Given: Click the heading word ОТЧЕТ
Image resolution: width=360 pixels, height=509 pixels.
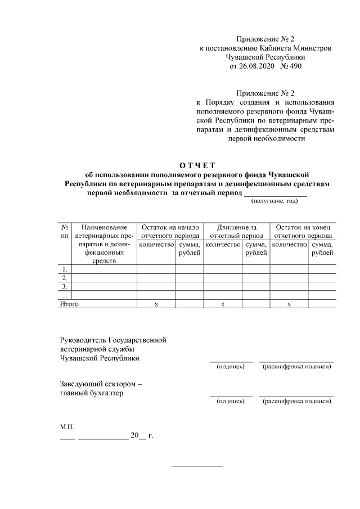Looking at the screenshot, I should [197, 165].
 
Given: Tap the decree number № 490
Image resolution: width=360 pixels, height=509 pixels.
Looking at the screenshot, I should [292, 66].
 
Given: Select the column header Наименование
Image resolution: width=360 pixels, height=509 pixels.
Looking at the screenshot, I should [104, 227].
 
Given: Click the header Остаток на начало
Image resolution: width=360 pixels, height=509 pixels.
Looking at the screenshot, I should [170, 227].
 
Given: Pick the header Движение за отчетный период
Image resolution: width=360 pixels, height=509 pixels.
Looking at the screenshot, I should [236, 232].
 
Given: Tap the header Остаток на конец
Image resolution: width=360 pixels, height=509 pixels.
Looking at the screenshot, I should [303, 227].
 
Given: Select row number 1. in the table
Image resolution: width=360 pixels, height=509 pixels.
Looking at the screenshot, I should [65, 268].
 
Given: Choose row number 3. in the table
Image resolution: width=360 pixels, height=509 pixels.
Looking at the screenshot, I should [65, 286].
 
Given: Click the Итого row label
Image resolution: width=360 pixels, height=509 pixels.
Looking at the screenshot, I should [69, 304].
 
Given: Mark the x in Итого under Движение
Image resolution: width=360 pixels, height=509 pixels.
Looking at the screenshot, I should [223, 304].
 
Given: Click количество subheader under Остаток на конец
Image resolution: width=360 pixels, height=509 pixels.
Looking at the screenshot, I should [289, 245].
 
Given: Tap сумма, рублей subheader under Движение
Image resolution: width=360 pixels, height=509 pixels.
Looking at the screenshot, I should [256, 249].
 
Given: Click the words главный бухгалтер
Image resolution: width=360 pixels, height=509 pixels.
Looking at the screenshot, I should [92, 393].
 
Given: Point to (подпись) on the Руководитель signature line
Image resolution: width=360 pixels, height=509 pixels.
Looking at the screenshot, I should [231, 367].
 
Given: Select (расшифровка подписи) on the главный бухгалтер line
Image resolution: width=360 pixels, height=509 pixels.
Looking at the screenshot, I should [296, 402].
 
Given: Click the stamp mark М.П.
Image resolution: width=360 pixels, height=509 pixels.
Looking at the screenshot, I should [67, 427].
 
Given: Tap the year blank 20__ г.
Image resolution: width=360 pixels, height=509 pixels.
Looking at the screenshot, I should [142, 436].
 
